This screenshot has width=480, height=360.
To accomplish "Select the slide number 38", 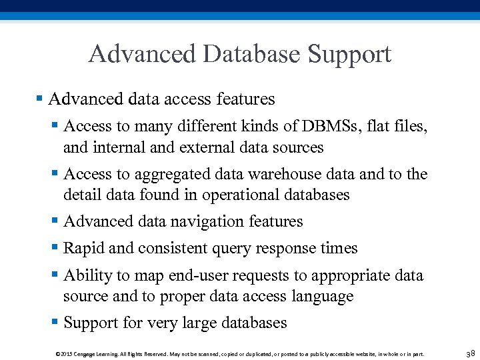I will pos(470,353).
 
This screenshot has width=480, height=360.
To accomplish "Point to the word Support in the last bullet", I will pos(91,323).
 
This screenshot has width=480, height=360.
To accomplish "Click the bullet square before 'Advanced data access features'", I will pos(39,99).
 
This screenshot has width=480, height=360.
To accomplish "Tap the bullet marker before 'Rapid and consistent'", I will pos(55,248).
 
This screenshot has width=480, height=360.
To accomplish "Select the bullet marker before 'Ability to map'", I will pos(55,275).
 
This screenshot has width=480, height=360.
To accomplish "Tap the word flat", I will pos(383,126).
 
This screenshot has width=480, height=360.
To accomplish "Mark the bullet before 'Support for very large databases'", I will pos(55,323).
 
